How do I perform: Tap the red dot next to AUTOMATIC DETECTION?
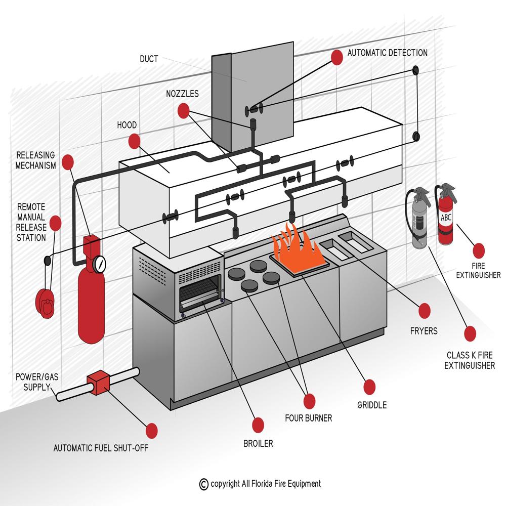(x=336, y=57)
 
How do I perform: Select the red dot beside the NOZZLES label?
(x=183, y=110)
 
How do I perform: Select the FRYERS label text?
(x=424, y=331)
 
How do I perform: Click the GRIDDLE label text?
(x=371, y=405)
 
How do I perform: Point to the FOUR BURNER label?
(x=308, y=418)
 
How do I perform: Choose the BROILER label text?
(x=258, y=444)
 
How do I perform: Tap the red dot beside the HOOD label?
(x=133, y=141)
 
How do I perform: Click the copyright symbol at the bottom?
(x=203, y=484)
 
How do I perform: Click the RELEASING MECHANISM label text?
(x=35, y=160)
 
